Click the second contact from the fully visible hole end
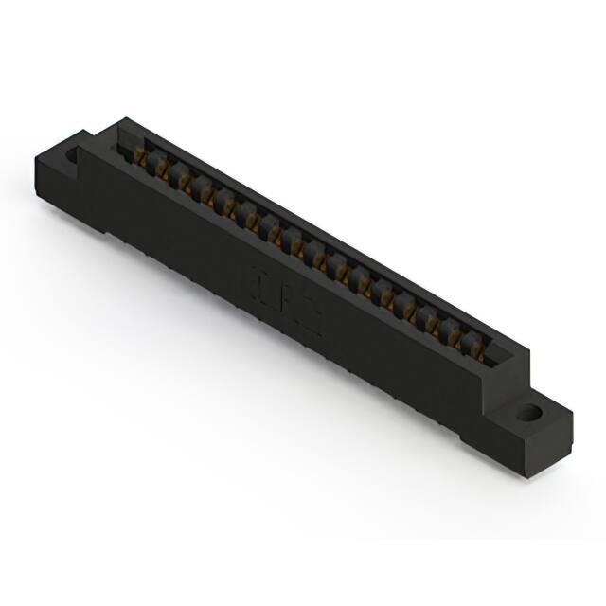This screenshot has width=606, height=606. pos(454,336)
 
